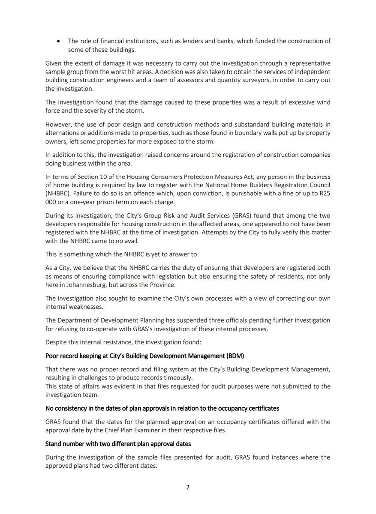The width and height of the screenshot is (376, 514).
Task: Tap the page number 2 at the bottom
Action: point(188,487)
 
